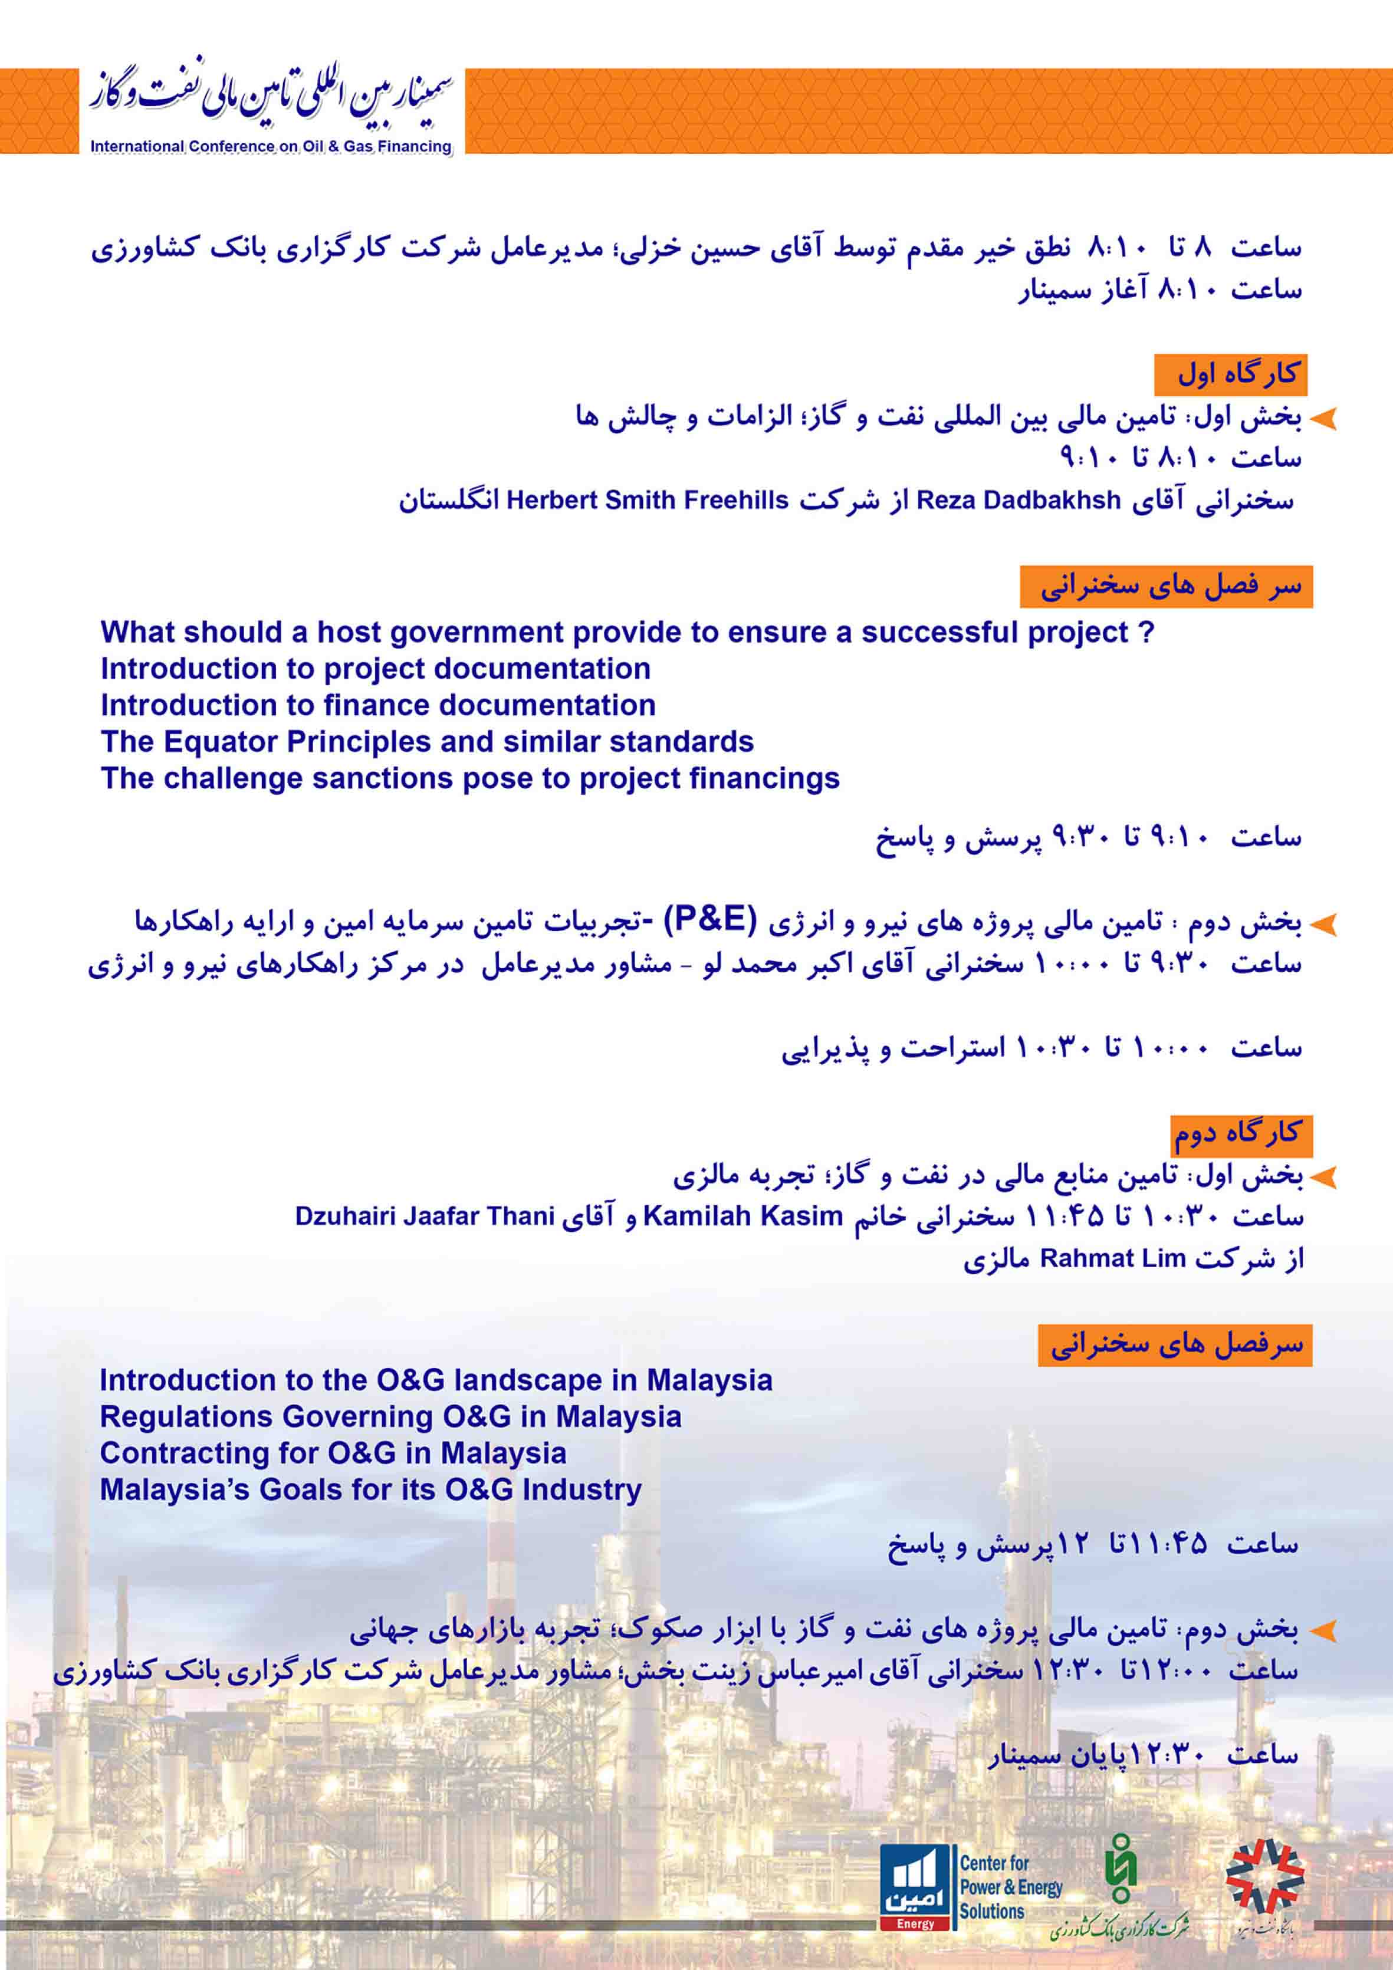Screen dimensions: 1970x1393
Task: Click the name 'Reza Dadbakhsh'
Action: (1018, 500)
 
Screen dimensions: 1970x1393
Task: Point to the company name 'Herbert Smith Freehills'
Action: (647, 500)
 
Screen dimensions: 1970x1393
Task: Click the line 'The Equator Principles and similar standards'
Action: (426, 741)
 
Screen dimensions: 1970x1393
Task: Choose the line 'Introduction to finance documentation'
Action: (377, 705)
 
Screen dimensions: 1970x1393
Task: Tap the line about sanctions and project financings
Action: (469, 778)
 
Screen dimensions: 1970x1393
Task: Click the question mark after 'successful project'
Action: (1146, 632)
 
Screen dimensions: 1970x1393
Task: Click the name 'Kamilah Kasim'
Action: (743, 1216)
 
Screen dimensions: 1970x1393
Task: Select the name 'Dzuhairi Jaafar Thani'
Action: (424, 1216)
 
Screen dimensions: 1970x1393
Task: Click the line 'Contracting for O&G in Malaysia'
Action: (333, 1453)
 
